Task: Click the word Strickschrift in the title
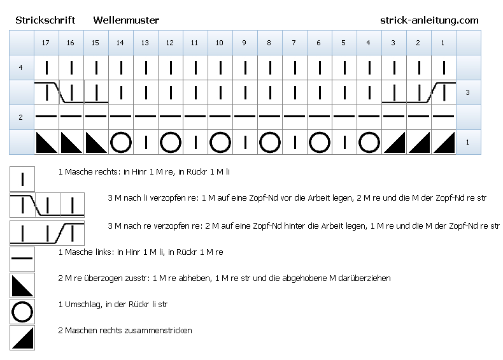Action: click(45, 20)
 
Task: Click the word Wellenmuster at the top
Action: click(126, 20)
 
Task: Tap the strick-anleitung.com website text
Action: click(429, 20)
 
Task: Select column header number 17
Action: click(46, 43)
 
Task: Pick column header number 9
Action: click(244, 43)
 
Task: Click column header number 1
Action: click(443, 43)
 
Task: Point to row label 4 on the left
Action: click(21, 68)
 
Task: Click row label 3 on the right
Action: click(467, 92)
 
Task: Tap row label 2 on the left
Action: click(21, 117)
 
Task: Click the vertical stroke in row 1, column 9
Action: click(245, 142)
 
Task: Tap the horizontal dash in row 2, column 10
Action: click(220, 116)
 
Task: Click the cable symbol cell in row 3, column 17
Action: click(46, 92)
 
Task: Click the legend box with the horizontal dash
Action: click(22, 259)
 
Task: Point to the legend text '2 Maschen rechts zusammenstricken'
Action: click(125, 331)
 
